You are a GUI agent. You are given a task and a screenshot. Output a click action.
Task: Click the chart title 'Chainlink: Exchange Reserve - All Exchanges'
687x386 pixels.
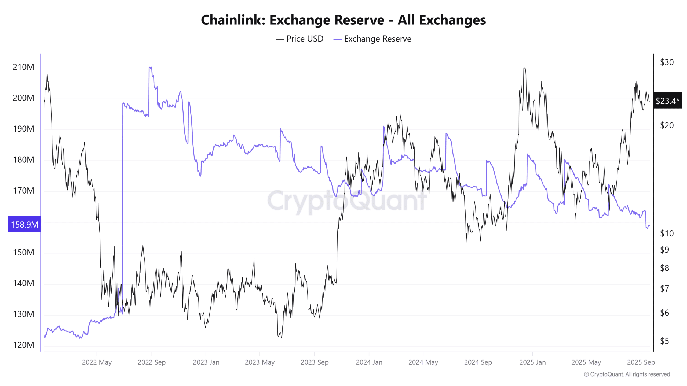(x=343, y=20)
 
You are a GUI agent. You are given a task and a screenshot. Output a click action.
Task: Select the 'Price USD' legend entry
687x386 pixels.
(x=305, y=39)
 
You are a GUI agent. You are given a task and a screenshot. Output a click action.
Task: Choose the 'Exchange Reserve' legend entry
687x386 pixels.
(x=377, y=39)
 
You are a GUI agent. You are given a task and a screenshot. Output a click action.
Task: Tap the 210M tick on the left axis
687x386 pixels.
(x=23, y=67)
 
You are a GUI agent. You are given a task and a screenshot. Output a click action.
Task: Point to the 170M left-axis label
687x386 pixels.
(x=23, y=191)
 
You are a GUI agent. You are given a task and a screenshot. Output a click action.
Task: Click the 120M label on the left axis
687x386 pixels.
(x=23, y=345)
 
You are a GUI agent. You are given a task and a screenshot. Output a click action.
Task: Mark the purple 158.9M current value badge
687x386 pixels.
(x=24, y=224)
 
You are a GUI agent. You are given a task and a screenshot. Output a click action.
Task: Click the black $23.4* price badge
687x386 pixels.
(x=667, y=101)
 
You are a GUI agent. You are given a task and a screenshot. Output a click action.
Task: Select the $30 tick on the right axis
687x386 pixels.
(x=667, y=62)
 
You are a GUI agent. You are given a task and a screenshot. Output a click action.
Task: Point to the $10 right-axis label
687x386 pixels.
(x=667, y=233)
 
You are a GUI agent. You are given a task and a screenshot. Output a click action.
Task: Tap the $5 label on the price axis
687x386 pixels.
(x=664, y=341)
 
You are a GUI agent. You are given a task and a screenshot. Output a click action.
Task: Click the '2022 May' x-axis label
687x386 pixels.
(x=97, y=362)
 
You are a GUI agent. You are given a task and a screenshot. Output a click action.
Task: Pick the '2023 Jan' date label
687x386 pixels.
(x=206, y=362)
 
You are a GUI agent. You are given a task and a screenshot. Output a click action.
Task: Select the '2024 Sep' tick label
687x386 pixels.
(x=478, y=362)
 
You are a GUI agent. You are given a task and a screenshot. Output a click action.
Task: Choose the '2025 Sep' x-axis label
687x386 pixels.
(x=641, y=362)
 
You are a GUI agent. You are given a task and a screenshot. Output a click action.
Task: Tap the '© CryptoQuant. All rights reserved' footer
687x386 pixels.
(x=627, y=374)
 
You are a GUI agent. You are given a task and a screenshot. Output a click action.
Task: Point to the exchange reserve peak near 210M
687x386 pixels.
(x=150, y=67)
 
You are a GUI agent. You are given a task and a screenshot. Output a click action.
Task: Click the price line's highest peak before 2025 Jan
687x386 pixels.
(x=525, y=68)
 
